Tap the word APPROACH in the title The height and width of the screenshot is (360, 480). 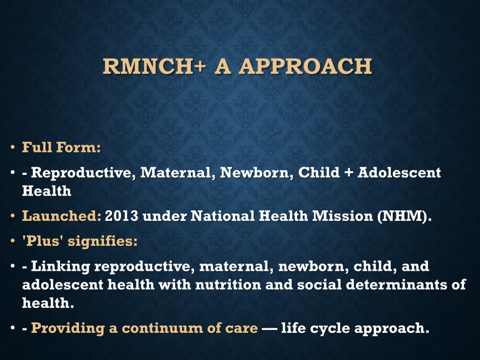[x=306, y=66]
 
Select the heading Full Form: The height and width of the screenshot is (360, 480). [x=61, y=147]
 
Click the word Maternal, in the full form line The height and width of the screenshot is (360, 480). [x=176, y=172]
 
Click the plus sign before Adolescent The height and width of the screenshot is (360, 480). [x=349, y=173]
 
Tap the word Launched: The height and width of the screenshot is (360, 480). [x=61, y=216]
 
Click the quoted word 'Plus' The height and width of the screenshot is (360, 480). [x=43, y=241]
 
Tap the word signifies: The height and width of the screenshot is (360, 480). [x=103, y=241]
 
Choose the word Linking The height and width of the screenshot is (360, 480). [x=60, y=267]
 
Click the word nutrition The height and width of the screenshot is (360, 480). [x=228, y=285]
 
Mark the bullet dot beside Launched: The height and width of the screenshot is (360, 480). [x=13, y=216]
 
